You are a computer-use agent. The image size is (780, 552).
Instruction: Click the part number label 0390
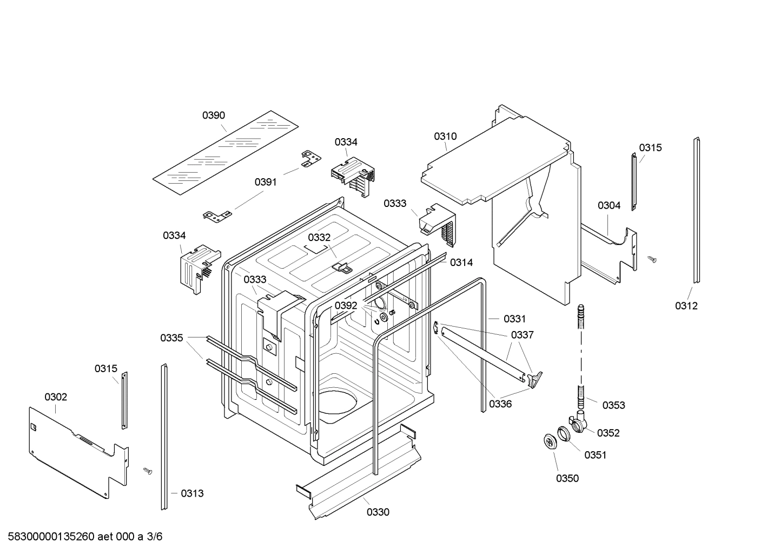point(214,115)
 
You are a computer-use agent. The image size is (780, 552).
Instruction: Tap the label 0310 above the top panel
point(445,137)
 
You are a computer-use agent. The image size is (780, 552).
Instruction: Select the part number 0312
point(686,306)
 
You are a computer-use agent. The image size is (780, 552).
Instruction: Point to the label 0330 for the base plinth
point(378,512)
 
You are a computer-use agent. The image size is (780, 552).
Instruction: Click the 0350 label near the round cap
point(567,478)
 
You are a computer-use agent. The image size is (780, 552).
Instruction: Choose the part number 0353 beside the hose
point(613,405)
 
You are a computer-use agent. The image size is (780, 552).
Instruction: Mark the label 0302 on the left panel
point(56,397)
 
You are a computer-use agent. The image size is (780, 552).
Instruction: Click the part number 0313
point(192,493)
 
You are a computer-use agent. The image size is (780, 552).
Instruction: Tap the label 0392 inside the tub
point(346,306)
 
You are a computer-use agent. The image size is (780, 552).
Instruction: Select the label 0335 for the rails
point(171,338)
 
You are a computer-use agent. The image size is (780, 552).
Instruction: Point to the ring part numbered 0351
point(565,434)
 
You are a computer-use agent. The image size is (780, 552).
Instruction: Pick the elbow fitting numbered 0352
point(580,422)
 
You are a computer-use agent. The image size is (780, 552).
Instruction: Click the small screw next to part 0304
point(652,259)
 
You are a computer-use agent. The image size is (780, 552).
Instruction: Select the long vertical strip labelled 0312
point(697,211)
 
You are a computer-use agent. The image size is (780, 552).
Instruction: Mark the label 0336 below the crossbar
point(500,404)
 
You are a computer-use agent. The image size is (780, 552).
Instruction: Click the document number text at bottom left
point(82,537)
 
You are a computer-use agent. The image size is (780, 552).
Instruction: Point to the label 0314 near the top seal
point(461,263)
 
